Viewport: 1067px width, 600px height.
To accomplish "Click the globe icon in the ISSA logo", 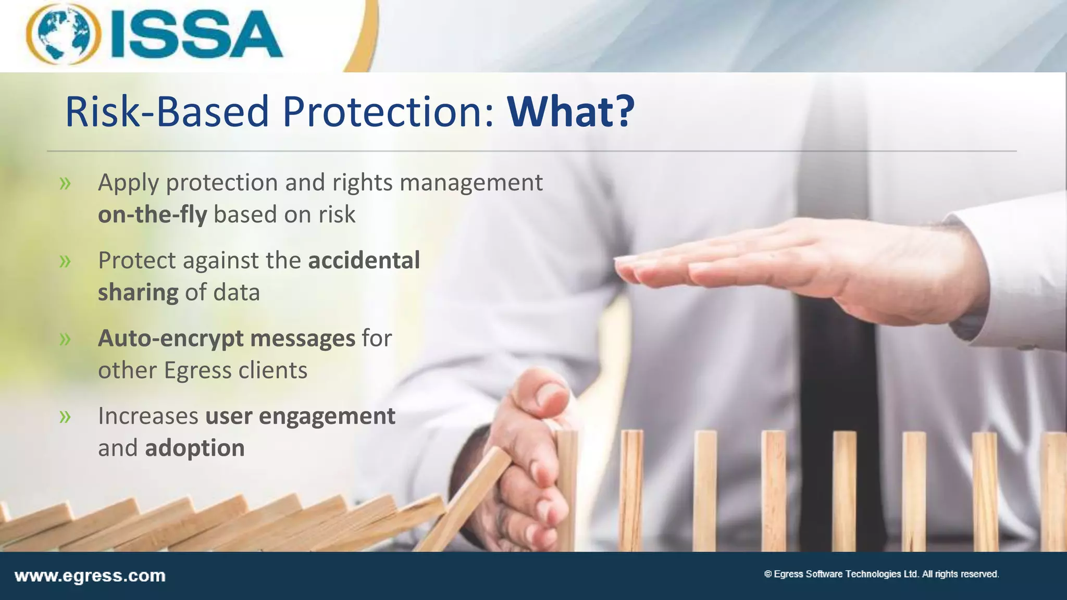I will point(64,34).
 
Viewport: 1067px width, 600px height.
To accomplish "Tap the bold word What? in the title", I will point(571,111).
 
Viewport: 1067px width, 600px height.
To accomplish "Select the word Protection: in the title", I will point(388,111).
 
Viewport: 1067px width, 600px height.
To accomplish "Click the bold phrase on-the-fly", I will point(153,215).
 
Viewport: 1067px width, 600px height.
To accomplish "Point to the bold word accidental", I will point(364,260).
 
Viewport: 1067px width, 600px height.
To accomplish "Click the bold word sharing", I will point(138,293).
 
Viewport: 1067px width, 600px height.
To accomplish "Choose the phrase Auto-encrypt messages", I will point(227,339).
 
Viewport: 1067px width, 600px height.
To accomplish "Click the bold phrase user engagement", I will point(300,416).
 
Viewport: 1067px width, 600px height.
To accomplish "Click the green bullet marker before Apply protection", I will point(65,183).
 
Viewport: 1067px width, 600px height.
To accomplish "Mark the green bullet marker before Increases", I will point(65,417).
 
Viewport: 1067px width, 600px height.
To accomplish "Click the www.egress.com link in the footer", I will point(90,576).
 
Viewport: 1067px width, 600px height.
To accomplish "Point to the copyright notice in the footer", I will point(881,574).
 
